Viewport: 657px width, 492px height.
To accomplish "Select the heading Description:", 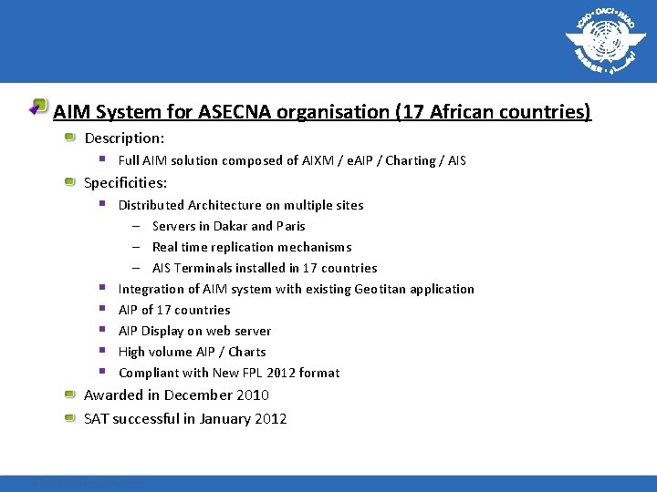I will (x=124, y=138).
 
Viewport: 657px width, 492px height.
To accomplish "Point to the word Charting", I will (x=411, y=160).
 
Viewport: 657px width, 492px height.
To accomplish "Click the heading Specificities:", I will (x=126, y=183).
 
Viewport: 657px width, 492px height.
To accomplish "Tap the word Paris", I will (x=290, y=226).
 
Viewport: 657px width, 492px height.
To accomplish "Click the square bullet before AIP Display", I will (x=103, y=330).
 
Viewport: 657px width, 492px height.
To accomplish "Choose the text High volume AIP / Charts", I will (x=192, y=352).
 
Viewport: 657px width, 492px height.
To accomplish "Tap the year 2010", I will (x=251, y=395).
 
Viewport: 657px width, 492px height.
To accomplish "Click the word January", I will (x=223, y=419).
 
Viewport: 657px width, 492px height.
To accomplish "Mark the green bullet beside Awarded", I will (x=70, y=395).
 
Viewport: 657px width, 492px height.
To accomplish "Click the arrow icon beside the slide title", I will (x=36, y=107).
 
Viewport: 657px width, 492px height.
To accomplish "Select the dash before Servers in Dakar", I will (x=135, y=226).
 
